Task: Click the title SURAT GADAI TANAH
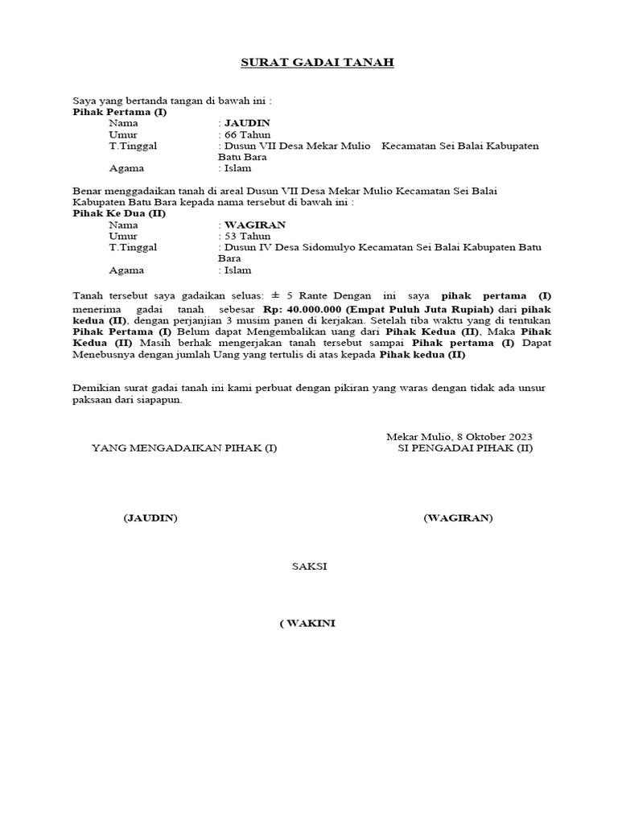307,62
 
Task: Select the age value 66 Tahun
248,134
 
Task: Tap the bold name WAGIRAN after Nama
255,225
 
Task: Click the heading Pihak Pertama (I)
120,112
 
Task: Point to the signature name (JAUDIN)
150,517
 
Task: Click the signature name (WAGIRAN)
458,517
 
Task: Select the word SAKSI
309,566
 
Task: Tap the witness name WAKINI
311,624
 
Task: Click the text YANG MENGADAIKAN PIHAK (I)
184,448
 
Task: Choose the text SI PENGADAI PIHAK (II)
465,448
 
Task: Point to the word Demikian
95,387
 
